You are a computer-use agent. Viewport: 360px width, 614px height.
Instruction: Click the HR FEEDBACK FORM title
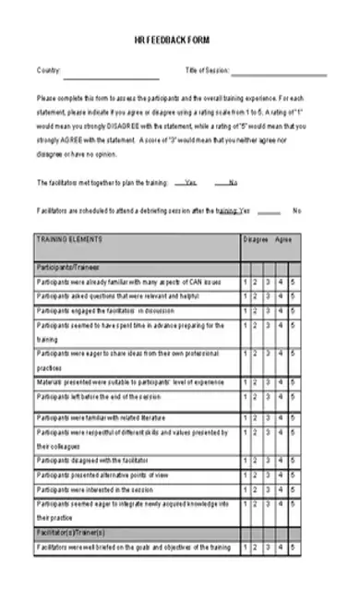(179, 42)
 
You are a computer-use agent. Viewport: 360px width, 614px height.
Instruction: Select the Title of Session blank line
(280, 74)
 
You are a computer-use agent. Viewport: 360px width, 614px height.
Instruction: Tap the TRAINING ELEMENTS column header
(69, 239)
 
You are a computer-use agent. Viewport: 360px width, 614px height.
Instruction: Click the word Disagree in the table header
(256, 239)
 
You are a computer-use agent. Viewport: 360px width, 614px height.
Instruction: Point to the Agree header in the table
(284, 239)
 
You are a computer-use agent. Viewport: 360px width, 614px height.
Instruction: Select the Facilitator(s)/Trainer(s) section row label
(71, 534)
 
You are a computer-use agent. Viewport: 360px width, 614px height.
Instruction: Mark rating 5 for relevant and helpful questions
(293, 296)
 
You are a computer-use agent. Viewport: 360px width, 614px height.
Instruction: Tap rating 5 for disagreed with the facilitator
(293, 460)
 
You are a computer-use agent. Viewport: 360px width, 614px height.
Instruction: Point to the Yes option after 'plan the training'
(190, 182)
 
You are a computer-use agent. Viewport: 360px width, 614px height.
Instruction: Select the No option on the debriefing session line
(296, 211)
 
